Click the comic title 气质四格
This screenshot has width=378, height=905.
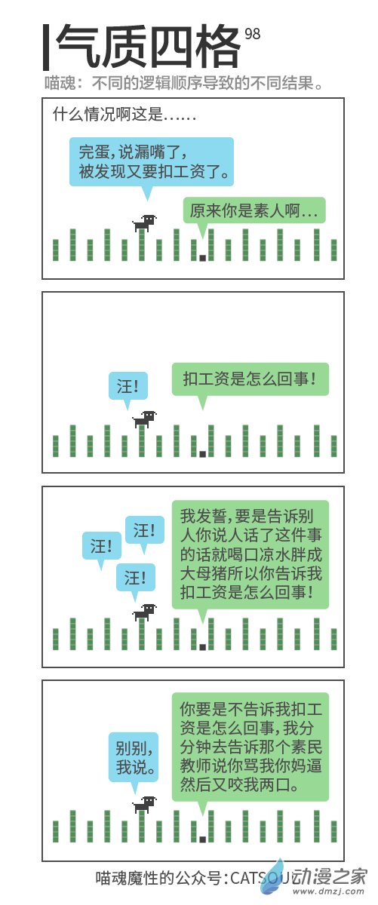click(148, 46)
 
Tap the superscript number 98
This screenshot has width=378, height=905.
click(252, 34)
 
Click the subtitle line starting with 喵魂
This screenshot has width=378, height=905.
click(183, 83)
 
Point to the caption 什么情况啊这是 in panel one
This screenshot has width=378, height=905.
click(124, 115)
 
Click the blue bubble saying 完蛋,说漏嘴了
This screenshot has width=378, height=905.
click(152, 161)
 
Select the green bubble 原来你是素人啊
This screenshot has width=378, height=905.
click(254, 210)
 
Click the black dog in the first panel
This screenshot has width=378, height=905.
click(144, 222)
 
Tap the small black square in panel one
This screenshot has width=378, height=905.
click(203, 258)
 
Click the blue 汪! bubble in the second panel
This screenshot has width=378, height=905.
click(128, 386)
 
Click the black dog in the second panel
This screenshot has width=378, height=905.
click(144, 419)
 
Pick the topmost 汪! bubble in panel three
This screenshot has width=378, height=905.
click(145, 530)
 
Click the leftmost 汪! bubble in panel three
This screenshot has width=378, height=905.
click(102, 546)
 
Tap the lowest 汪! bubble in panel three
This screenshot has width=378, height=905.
click(136, 578)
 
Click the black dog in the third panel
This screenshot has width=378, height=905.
click(144, 612)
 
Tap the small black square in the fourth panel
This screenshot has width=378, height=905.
click(203, 839)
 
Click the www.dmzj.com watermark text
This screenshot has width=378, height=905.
click(330, 891)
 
